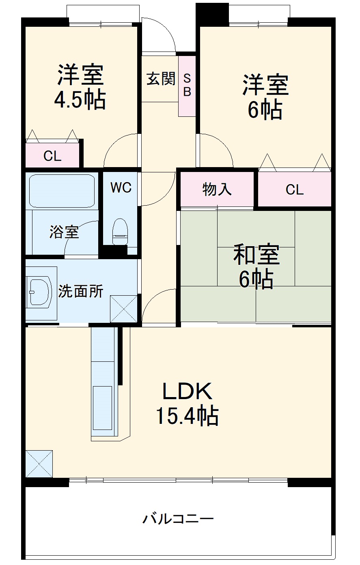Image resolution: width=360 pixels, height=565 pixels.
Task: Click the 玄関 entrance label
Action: click(x=161, y=78)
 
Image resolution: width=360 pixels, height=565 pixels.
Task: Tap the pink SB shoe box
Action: click(x=187, y=86)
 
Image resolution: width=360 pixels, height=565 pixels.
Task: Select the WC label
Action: click(x=121, y=187)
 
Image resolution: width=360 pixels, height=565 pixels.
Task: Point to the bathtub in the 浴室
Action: click(x=62, y=191)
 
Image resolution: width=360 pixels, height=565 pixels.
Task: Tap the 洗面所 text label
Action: click(x=81, y=291)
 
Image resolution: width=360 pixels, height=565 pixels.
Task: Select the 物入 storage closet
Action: click(x=217, y=189)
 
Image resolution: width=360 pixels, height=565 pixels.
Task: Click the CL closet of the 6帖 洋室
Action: click(x=294, y=189)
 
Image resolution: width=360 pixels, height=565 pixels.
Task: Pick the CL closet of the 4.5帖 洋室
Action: click(x=52, y=156)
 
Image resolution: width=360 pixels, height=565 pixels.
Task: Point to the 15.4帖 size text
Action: click(x=187, y=416)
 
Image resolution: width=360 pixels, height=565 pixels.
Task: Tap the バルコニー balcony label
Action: click(x=178, y=519)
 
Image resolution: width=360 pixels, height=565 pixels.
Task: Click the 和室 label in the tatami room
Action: click(x=256, y=255)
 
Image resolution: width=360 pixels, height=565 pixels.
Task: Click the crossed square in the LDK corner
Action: click(x=39, y=464)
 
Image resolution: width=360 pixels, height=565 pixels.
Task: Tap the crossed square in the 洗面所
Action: click(x=124, y=309)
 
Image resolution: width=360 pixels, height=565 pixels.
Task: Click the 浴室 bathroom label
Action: click(x=64, y=232)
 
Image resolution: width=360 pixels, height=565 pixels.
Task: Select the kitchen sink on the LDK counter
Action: click(x=102, y=408)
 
